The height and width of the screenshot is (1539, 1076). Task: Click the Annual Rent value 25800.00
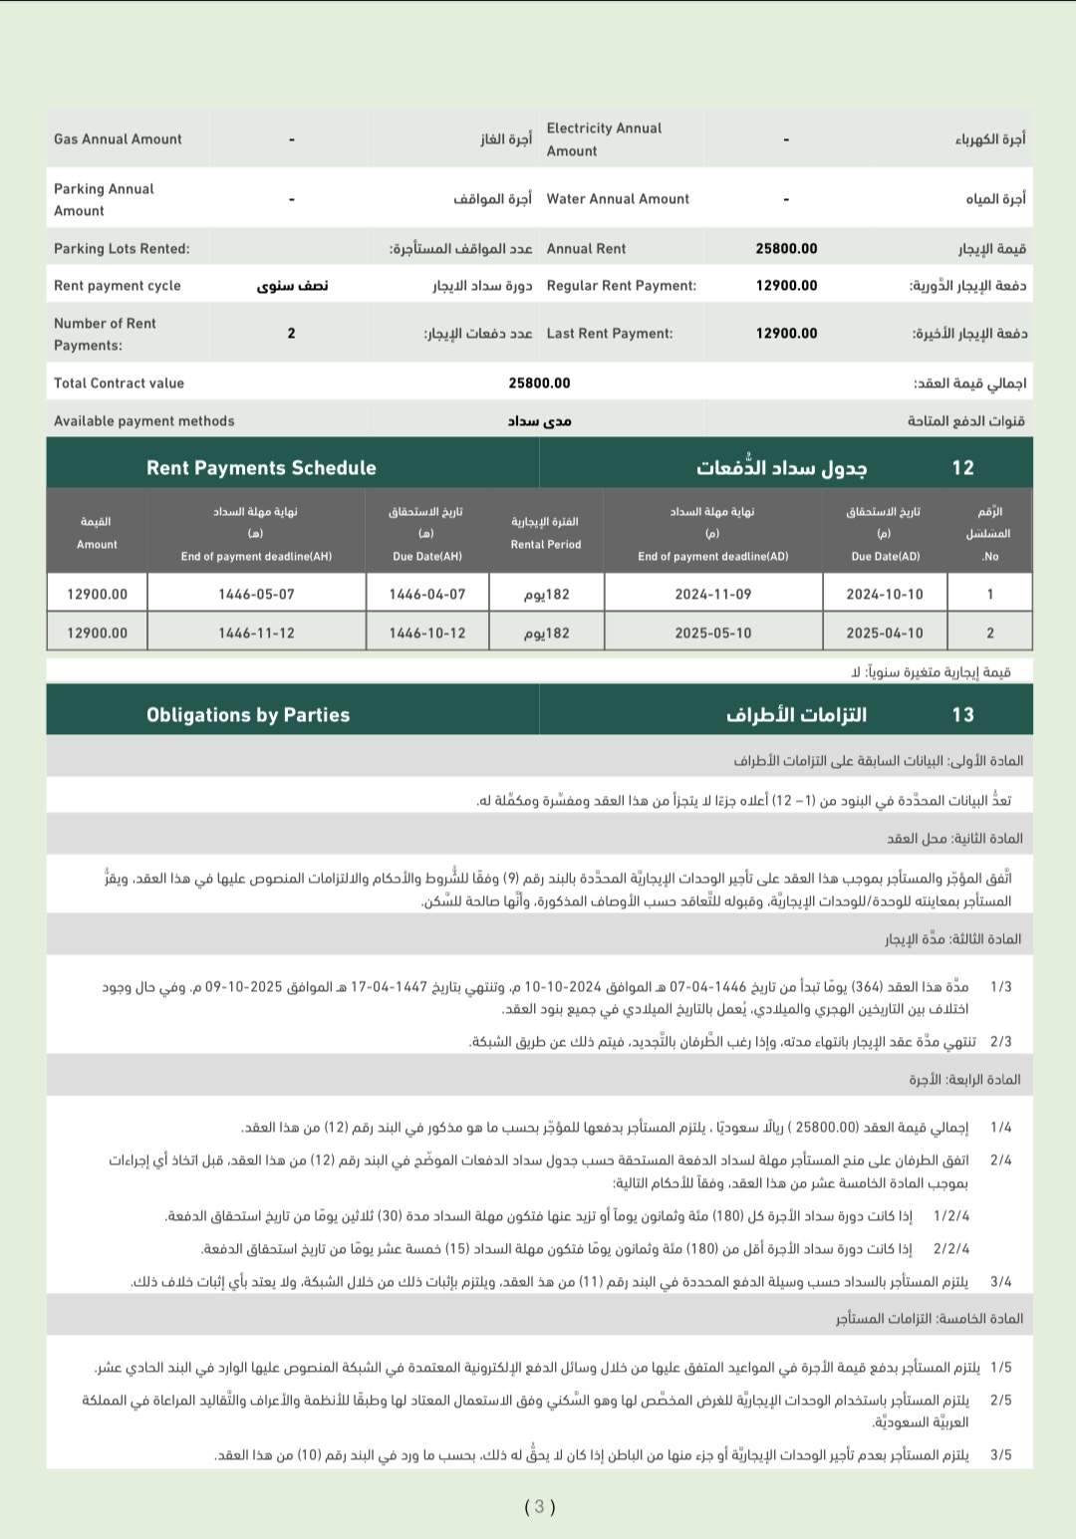pyautogui.click(x=786, y=249)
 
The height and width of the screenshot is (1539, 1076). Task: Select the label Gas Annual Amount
pyautogui.click(x=118, y=139)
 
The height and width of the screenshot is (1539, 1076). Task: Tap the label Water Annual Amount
pyautogui.click(x=618, y=199)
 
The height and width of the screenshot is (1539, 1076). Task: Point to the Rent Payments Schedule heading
pyautogui.click(x=261, y=468)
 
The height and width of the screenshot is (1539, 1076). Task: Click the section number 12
pyautogui.click(x=962, y=468)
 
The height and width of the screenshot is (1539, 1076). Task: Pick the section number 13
pyautogui.click(x=962, y=715)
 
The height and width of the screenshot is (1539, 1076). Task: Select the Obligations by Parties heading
pyautogui.click(x=248, y=715)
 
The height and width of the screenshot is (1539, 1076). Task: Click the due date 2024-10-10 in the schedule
pyautogui.click(x=885, y=595)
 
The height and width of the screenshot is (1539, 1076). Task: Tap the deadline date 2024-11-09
pyautogui.click(x=713, y=595)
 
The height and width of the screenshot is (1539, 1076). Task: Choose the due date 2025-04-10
pyautogui.click(x=885, y=634)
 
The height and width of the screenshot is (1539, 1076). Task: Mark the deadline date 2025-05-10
pyautogui.click(x=713, y=634)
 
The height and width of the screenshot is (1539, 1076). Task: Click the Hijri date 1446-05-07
pyautogui.click(x=256, y=595)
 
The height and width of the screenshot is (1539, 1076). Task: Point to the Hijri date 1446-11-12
pyautogui.click(x=256, y=634)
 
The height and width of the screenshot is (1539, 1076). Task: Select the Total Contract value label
pyautogui.click(x=119, y=384)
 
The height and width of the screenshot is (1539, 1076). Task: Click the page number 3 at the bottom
pyautogui.click(x=539, y=1507)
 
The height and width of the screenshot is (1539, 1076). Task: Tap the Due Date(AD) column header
pyautogui.click(x=885, y=557)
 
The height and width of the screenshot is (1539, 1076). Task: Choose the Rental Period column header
pyautogui.click(x=546, y=545)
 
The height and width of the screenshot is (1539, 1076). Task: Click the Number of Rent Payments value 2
pyautogui.click(x=291, y=334)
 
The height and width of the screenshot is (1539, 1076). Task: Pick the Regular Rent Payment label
pyautogui.click(x=621, y=286)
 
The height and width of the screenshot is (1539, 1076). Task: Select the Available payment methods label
pyautogui.click(x=144, y=421)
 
